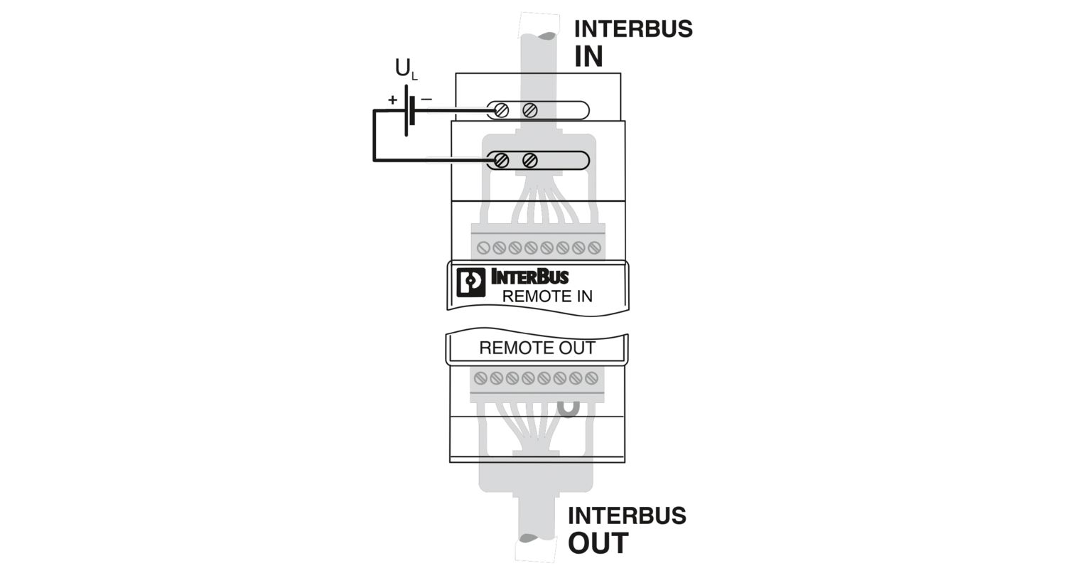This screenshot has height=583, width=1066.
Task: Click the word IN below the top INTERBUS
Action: [588, 56]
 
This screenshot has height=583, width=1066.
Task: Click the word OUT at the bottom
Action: [598, 543]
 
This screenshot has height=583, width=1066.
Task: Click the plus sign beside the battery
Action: [392, 100]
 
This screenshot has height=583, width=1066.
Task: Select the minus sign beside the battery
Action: [426, 100]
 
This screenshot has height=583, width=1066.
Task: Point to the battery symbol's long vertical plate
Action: [406, 110]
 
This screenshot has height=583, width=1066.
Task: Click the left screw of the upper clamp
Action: [501, 110]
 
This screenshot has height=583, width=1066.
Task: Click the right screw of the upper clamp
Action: [530, 110]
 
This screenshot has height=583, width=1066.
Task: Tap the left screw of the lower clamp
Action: [501, 161]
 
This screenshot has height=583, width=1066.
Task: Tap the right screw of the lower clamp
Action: [530, 161]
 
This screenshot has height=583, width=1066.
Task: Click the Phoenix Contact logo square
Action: [471, 282]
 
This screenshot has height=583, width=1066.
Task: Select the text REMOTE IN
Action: [547, 296]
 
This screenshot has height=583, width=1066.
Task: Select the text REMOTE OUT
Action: [537, 348]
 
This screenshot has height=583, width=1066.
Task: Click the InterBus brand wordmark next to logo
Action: [529, 277]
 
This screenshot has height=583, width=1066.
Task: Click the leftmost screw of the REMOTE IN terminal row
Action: [483, 248]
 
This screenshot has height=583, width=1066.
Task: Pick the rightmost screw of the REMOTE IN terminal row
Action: [594, 248]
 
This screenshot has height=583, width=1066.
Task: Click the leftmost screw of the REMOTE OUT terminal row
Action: [480, 378]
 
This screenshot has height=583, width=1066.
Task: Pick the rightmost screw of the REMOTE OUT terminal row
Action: [591, 378]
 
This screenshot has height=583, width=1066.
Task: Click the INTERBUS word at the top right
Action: [633, 29]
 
